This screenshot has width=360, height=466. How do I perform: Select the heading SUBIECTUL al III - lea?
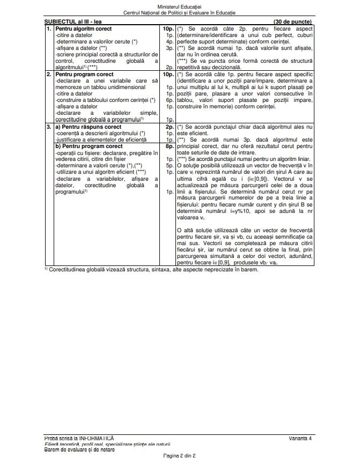pos(70,20)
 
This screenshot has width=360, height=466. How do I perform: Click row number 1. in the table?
pos(49,26)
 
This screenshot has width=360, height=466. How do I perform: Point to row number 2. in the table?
pos(49,74)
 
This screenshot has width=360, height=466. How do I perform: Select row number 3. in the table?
pos(49,127)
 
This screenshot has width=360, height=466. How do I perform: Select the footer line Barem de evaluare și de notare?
pos(79,449)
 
